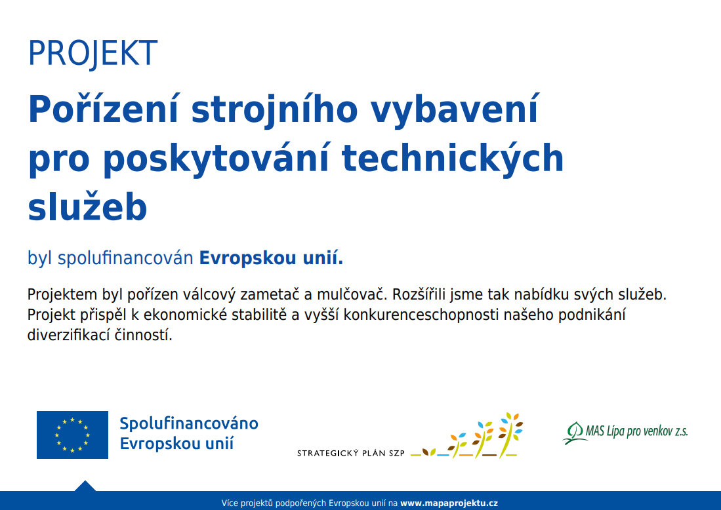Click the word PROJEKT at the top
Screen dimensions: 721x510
[93, 54]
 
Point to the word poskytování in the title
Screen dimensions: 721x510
[216, 159]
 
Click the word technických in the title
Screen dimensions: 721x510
[453, 159]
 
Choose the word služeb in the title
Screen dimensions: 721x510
[87, 206]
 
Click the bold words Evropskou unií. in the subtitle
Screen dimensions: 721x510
[271, 258]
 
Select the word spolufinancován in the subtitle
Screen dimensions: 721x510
[125, 259]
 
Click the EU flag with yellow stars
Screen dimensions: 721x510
[73, 435]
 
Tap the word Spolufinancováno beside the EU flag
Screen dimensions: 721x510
[189, 423]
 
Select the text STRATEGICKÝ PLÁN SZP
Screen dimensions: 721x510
[351, 454]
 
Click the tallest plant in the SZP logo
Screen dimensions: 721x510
[510, 435]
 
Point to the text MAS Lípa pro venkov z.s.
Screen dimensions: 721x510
[637, 431]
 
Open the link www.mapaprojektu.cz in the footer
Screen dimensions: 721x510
[449, 503]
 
